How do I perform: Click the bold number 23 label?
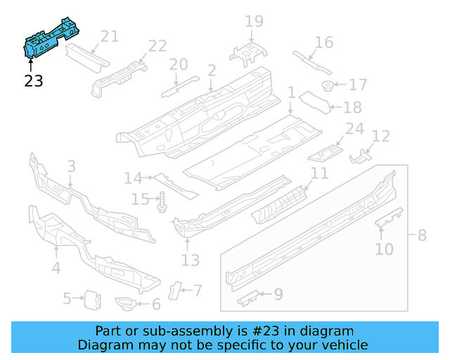(x=33, y=81)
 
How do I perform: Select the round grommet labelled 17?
(x=328, y=86)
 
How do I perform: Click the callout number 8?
(x=422, y=235)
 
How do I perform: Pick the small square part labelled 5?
(x=90, y=299)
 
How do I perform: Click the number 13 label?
(x=191, y=260)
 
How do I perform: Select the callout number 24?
(x=354, y=129)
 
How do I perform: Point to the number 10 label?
(x=384, y=248)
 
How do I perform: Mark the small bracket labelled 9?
(x=250, y=298)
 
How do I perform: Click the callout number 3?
(x=71, y=167)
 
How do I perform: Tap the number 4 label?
(x=56, y=267)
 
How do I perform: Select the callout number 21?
(x=110, y=37)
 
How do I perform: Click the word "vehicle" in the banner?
(x=344, y=345)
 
